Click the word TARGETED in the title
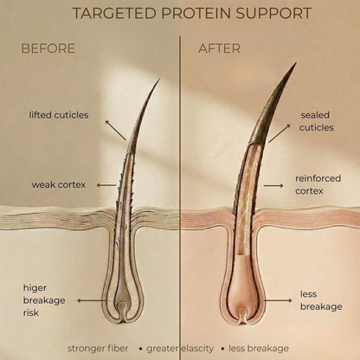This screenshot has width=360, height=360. [115, 13]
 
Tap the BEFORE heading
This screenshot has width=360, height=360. [48, 48]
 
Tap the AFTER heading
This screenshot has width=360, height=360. [220, 48]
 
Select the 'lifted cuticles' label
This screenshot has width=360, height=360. [59, 115]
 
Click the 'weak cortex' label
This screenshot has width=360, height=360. [59, 184]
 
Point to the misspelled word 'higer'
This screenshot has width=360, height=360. [35, 288]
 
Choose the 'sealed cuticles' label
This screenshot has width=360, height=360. [316, 121]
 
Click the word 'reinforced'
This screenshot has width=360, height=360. [318, 178]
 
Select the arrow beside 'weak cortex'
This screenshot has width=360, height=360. [106, 185]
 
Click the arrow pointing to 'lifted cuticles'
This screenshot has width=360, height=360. [115, 130]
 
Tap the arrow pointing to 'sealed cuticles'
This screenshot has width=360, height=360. [280, 133]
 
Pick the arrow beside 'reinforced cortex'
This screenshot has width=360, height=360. [273, 185]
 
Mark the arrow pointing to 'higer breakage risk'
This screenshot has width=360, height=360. [92, 300]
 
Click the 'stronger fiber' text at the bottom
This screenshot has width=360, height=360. [98, 349]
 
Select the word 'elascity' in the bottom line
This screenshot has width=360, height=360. [196, 349]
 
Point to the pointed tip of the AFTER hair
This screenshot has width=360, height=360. [296, 63]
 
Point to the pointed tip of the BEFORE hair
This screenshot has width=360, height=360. [159, 80]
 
